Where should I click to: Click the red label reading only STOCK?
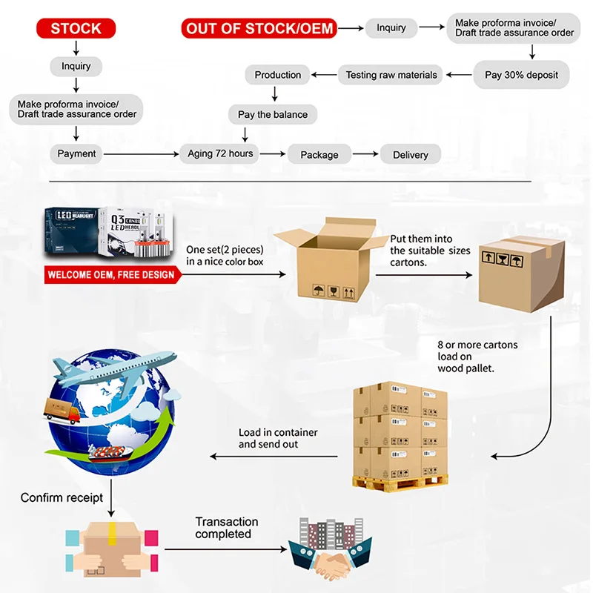(76, 29)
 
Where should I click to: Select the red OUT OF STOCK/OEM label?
(260, 29)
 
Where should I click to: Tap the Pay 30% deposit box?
(521, 75)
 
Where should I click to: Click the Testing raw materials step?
(391, 75)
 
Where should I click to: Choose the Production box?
(277, 75)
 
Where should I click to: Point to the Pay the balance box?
(272, 115)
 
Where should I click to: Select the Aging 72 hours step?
(220, 154)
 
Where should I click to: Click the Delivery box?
(410, 155)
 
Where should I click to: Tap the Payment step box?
(77, 154)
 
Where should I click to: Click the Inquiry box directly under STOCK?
(76, 67)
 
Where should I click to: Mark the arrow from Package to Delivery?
(365, 154)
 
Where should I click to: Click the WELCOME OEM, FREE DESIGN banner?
(111, 275)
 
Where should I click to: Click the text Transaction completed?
(226, 528)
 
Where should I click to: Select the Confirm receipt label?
(62, 497)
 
